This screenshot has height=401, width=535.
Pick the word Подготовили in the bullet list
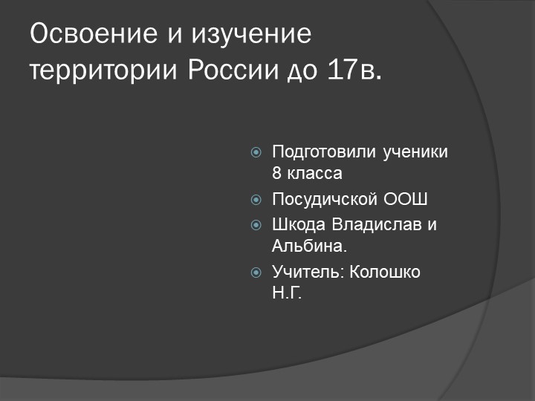click(325, 152)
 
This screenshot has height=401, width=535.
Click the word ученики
click(415, 152)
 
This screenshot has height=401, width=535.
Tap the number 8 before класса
click(277, 174)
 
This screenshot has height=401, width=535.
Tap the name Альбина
click(310, 246)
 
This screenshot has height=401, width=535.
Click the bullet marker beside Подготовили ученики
click(256, 153)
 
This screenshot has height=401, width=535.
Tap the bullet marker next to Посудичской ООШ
click(256, 200)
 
